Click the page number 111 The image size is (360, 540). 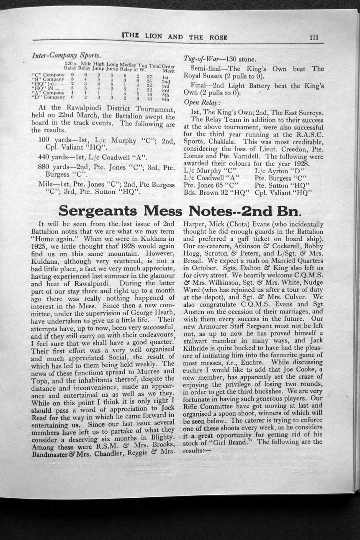314,37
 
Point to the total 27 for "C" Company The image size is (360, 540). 149,77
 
